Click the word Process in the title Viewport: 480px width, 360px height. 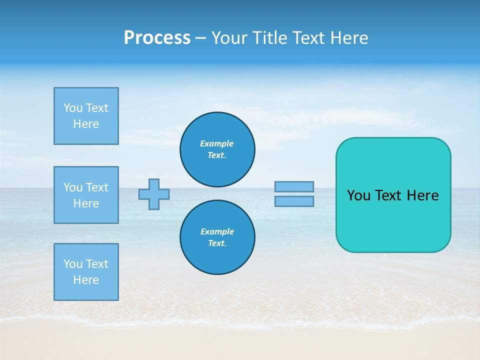[x=157, y=38]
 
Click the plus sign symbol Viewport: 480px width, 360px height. [x=154, y=194]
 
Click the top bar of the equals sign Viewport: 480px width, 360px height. [x=294, y=186]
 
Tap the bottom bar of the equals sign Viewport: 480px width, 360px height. [x=294, y=201]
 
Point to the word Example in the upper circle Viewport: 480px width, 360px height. [x=216, y=143]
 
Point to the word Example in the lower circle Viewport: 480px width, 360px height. [x=217, y=231]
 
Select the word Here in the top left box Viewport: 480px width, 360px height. [x=86, y=124]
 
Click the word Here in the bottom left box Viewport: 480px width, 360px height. [x=86, y=280]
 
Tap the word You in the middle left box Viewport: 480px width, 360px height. [x=72, y=187]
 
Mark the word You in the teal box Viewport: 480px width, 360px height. [x=358, y=195]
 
